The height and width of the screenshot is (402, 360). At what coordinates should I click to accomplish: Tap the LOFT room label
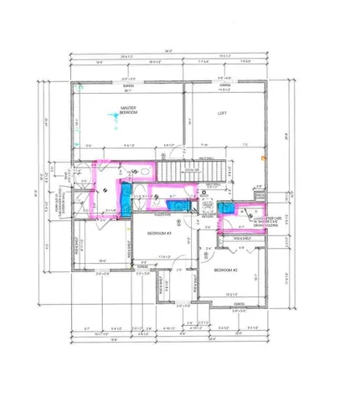click(x=222, y=113)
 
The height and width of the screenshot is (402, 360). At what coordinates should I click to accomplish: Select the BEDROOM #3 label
click(x=159, y=233)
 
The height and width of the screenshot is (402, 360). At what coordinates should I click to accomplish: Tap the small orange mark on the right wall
click(x=262, y=157)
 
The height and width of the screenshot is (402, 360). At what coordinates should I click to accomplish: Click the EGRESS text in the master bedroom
click(x=128, y=85)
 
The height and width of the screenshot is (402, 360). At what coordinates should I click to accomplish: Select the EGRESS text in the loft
click(x=225, y=85)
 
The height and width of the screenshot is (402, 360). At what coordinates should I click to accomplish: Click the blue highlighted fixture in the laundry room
click(x=225, y=210)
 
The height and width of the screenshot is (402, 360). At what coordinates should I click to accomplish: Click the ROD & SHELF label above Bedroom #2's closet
click(x=240, y=238)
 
